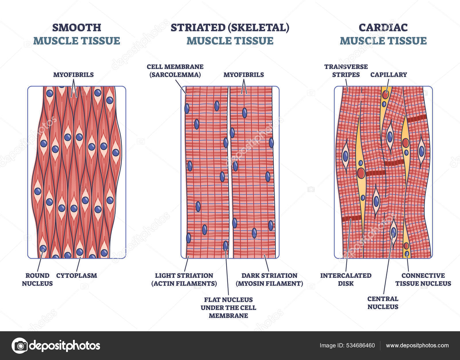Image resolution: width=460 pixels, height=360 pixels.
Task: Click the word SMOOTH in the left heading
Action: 76,28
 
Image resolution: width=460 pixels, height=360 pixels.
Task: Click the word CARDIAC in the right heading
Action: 383,28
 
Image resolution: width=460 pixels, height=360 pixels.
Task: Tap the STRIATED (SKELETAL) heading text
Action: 230,28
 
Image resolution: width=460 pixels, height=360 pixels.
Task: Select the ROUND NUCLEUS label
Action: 37,279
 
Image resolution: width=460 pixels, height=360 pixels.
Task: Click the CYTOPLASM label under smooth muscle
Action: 76,275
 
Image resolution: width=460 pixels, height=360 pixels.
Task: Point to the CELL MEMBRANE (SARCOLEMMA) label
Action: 175,71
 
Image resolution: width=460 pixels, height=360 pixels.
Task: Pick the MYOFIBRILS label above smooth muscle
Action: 73,75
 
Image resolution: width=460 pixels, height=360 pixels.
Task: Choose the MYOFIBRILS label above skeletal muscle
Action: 244,75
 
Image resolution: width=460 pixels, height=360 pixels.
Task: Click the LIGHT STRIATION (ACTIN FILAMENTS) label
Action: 184,279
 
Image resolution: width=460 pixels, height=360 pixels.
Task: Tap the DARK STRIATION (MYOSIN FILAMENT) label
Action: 269,279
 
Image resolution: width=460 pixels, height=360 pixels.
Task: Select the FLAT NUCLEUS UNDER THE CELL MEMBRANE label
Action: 228,308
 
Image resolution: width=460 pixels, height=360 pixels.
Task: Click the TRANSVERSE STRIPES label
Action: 346,71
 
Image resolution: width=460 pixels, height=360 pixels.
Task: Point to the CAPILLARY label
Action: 388,75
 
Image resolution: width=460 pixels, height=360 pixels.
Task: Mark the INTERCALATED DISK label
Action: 346,279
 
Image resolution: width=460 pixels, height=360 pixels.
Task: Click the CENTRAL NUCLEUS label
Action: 383,303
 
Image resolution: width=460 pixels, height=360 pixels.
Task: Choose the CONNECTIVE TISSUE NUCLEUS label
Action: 423,279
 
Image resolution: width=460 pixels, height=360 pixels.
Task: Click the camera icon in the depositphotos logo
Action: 20,345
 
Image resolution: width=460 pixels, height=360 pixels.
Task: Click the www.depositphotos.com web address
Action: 417,346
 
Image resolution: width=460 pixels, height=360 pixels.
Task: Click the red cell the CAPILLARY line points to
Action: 385,94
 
